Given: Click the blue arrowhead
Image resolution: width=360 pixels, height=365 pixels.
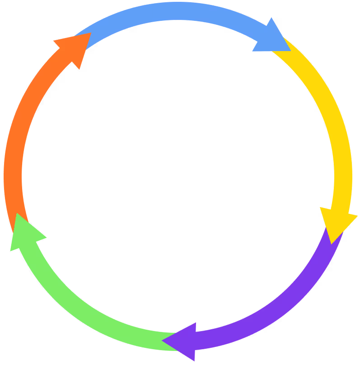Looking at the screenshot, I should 271,38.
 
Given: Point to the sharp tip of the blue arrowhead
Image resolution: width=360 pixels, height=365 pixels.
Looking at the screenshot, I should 290,51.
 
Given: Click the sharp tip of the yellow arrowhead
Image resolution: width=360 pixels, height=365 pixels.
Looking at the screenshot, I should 332,244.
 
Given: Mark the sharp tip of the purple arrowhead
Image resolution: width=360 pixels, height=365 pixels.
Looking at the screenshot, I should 162,339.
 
